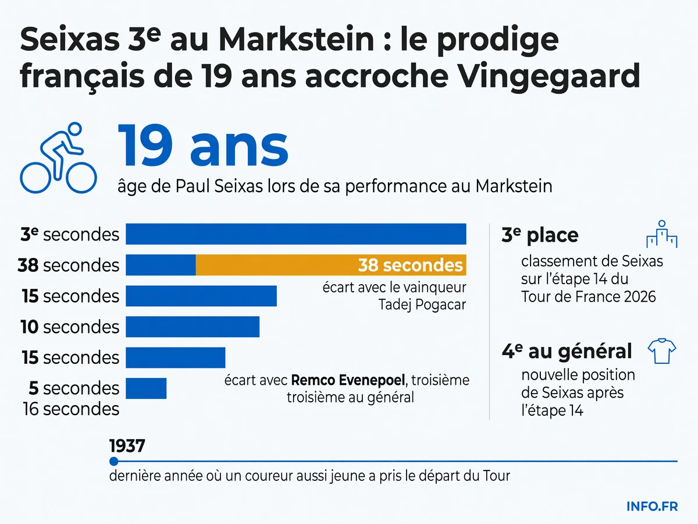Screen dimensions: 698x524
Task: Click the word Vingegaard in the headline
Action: (x=550, y=76)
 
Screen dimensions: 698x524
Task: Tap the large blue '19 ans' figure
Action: (x=203, y=146)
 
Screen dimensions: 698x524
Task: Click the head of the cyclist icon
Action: (x=74, y=129)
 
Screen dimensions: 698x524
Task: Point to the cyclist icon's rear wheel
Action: (x=35, y=178)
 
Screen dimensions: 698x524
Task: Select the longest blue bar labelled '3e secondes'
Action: (x=296, y=234)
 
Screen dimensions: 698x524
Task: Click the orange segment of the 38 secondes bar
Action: (x=331, y=265)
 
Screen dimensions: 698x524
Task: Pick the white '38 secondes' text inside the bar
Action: (x=410, y=265)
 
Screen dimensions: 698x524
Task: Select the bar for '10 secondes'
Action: (x=193, y=327)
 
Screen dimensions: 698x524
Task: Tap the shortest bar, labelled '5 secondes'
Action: (x=146, y=388)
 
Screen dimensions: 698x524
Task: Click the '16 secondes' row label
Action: (x=71, y=409)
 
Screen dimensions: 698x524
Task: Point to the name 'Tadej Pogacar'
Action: (x=422, y=305)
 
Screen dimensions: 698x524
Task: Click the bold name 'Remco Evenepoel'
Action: (x=348, y=380)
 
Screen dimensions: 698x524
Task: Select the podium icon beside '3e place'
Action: (x=662, y=234)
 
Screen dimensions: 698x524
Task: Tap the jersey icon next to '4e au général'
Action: (x=662, y=351)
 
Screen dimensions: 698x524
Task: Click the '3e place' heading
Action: (x=540, y=235)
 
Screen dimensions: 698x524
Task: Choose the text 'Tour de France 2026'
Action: (x=588, y=296)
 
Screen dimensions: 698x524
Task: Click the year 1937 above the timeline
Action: (x=127, y=446)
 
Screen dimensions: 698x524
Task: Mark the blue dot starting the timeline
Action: (x=113, y=461)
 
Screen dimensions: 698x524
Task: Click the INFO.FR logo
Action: (x=652, y=507)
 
